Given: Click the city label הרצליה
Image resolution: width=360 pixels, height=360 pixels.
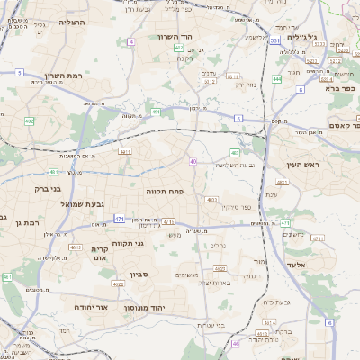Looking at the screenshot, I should (71, 21).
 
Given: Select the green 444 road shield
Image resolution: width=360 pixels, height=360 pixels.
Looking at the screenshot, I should (276, 79).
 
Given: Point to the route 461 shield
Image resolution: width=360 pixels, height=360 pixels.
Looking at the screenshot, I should (157, 112).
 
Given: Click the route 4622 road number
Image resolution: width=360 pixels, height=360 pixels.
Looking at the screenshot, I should (118, 283).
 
